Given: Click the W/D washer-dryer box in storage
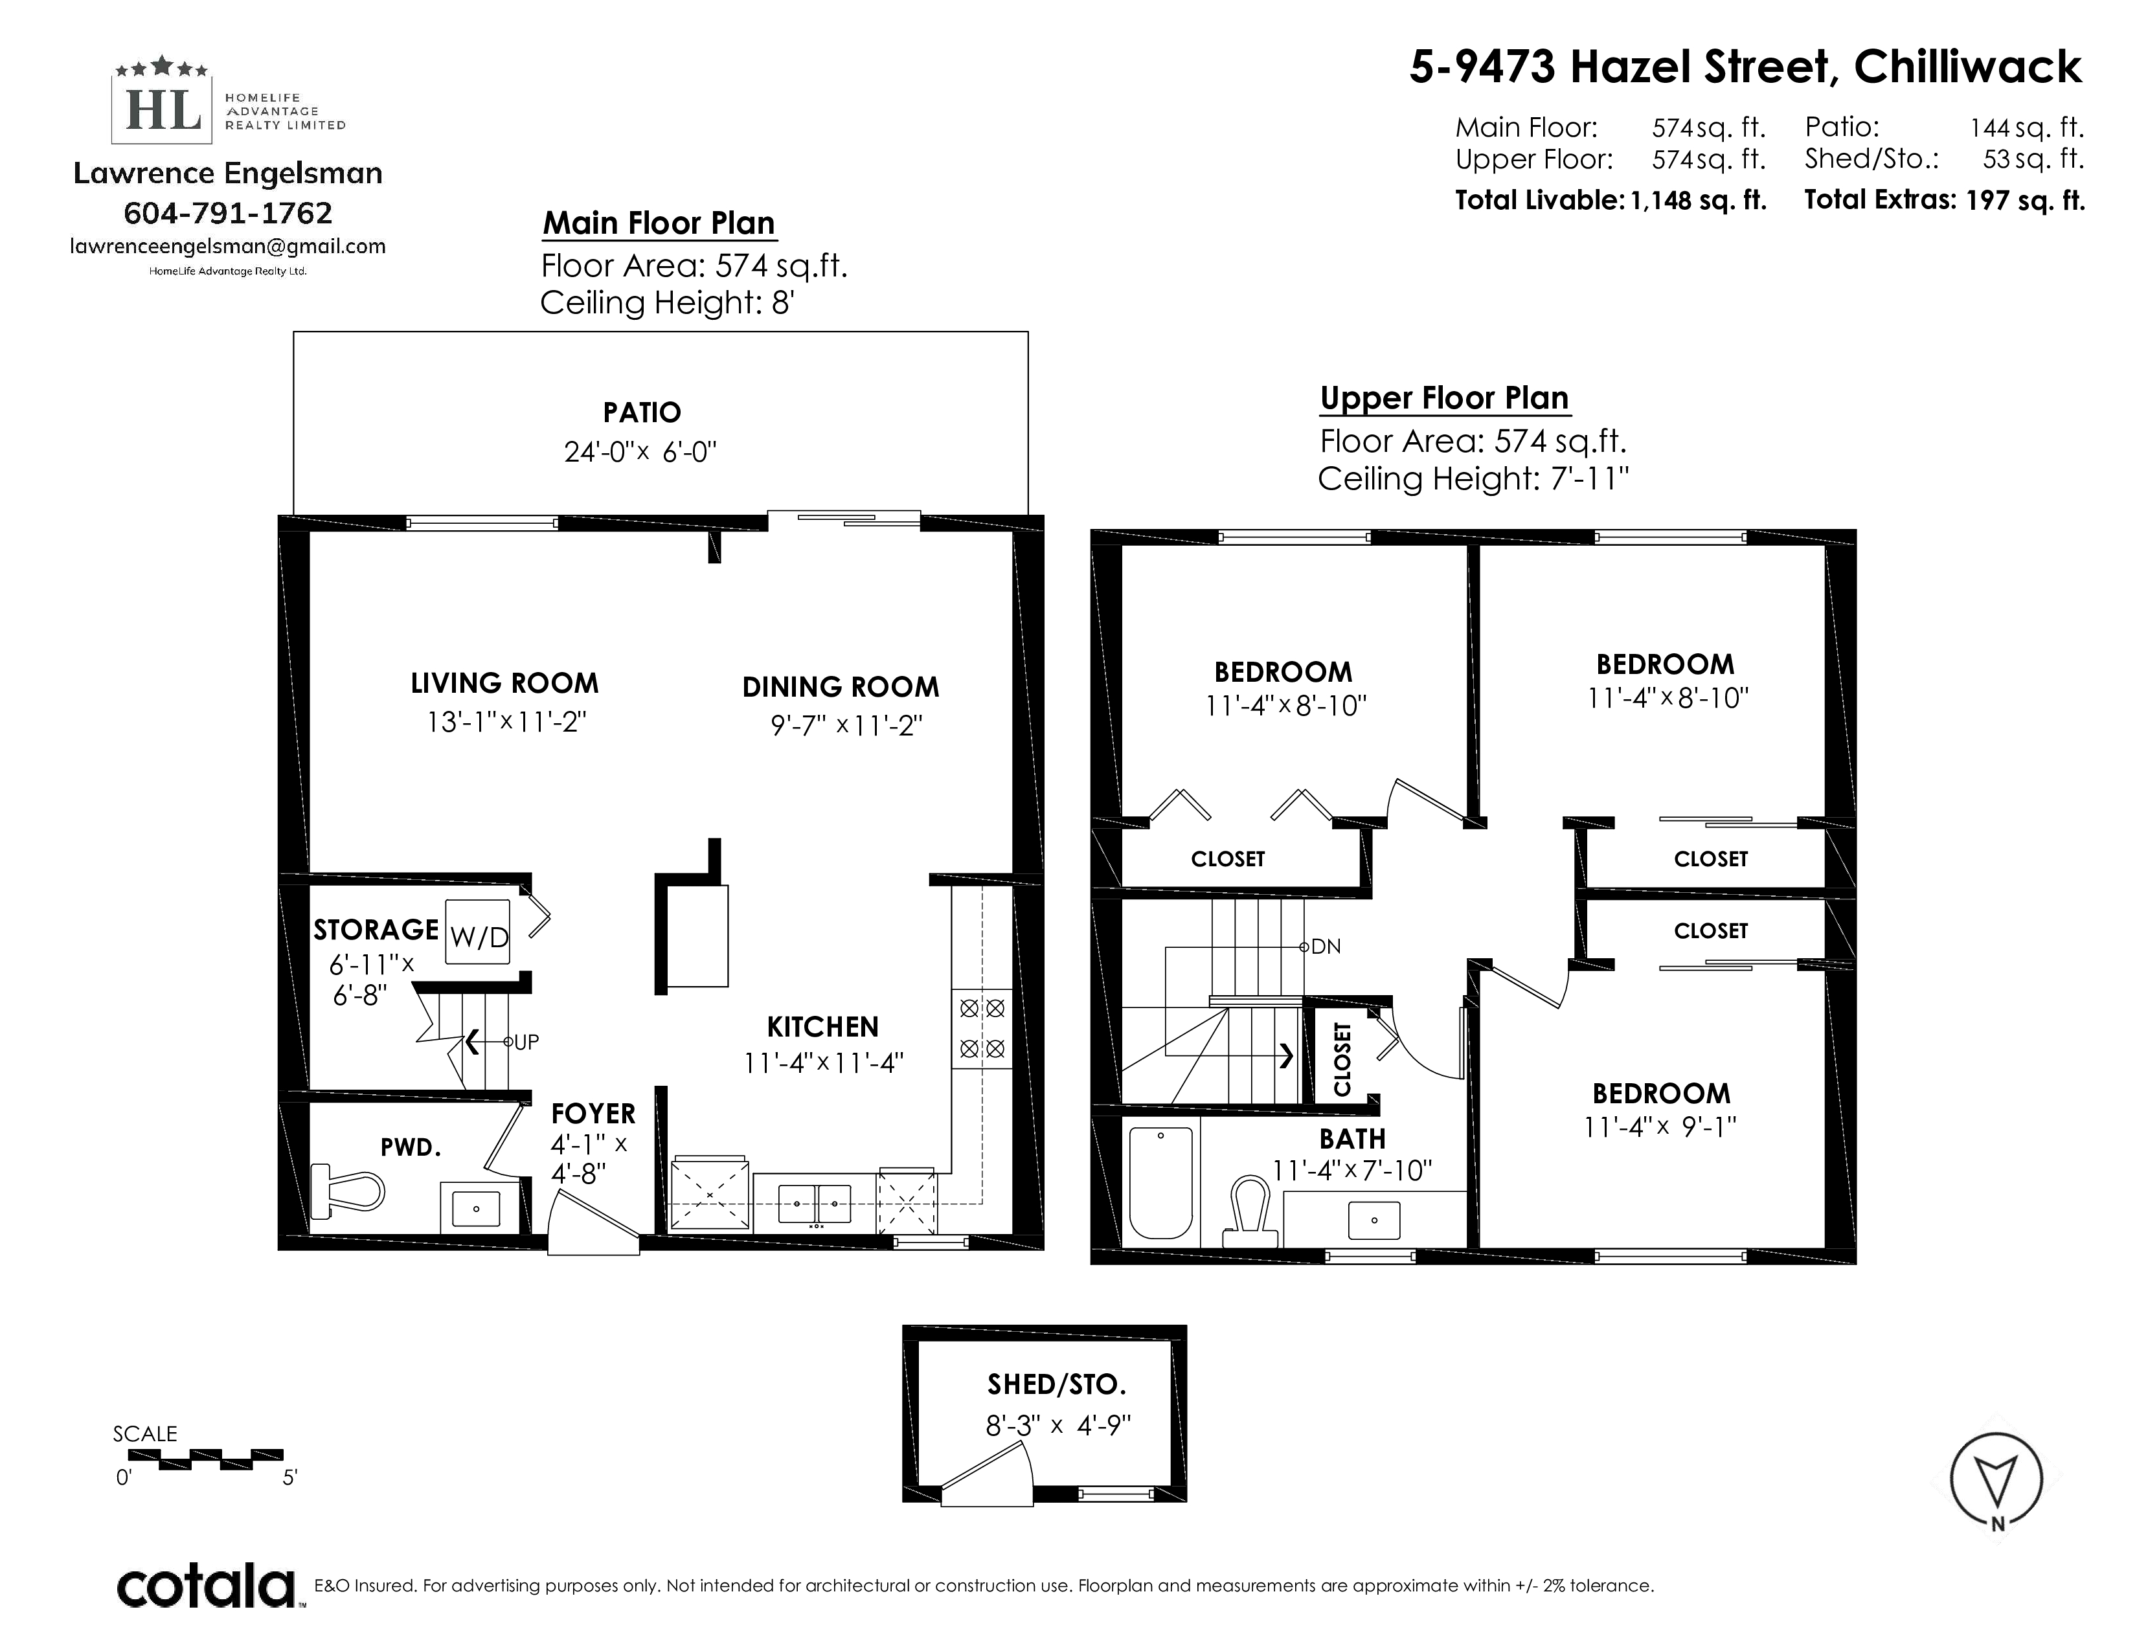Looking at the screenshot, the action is [x=479, y=932].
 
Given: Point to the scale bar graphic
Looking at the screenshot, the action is [x=205, y=1458].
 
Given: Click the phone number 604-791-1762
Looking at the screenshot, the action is [x=228, y=212].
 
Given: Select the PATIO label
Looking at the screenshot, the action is [x=642, y=413].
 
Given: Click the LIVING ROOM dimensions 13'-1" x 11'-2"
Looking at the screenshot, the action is [x=506, y=722].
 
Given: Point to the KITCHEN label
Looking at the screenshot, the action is [x=823, y=1027].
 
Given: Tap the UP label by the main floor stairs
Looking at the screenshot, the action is [x=526, y=1042].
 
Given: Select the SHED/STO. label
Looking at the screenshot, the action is [x=1057, y=1384].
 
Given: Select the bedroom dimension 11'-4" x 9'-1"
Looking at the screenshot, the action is [x=1660, y=1128].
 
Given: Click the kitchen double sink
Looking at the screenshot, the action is [x=814, y=1203].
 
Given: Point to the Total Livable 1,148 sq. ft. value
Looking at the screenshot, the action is [x=1698, y=201].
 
